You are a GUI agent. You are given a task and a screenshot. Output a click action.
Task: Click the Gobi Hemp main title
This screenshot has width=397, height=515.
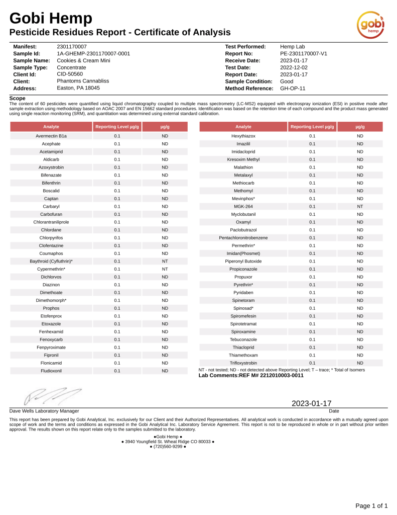click(51, 19)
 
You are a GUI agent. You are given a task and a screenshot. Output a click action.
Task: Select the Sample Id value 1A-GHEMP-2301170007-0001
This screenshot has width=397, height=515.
click(93, 53)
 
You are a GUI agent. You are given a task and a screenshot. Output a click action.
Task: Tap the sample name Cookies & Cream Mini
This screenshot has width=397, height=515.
click(83, 60)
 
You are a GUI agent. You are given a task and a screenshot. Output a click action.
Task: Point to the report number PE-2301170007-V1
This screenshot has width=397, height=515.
click(303, 53)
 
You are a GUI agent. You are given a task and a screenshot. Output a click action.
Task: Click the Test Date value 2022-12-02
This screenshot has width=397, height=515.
click(294, 67)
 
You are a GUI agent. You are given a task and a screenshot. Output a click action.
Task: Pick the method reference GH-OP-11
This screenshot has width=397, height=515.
click(293, 88)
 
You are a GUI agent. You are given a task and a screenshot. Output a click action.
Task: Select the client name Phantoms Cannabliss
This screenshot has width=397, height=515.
click(83, 80)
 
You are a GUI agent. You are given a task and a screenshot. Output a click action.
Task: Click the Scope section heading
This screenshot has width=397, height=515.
click(17, 98)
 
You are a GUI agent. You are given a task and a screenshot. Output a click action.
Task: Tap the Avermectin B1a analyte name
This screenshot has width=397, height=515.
click(51, 136)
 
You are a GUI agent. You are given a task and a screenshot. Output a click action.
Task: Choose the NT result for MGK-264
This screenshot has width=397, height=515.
click(360, 206)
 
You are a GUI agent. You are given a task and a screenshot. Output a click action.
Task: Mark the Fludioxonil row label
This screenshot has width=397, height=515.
click(51, 371)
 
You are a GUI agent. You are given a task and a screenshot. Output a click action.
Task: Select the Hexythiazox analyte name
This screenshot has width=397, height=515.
click(243, 136)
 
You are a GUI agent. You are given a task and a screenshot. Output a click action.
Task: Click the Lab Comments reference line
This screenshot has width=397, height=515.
click(251, 375)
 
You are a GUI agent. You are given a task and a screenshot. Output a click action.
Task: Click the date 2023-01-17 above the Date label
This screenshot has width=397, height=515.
click(312, 403)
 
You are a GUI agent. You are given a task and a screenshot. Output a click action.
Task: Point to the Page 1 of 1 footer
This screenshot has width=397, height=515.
click(371, 505)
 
